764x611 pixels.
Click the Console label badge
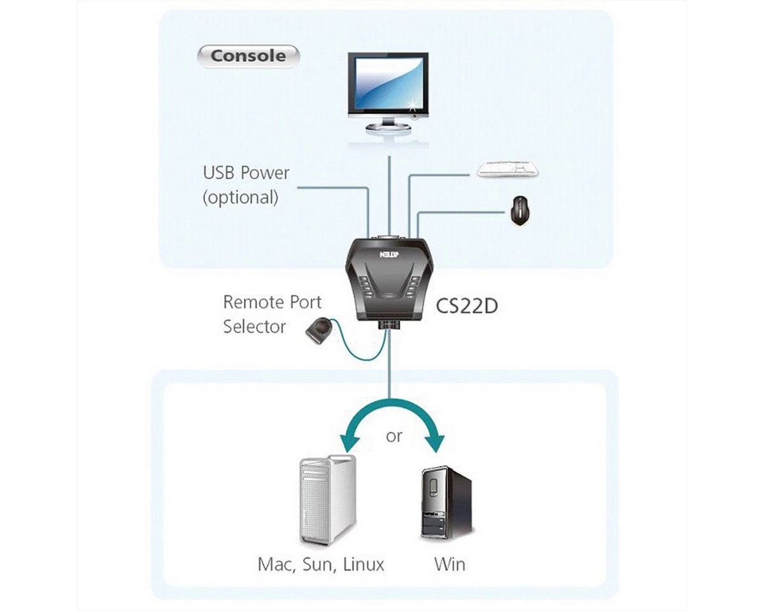tap(248, 56)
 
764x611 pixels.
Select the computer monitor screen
tap(388, 83)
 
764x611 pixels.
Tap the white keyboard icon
tap(509, 169)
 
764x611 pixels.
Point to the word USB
tap(221, 173)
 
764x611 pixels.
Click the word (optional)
tap(241, 197)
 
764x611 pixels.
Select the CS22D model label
tap(466, 306)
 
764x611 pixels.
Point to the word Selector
tap(254, 327)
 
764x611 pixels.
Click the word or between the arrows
tap(394, 437)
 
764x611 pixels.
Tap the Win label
tap(449, 564)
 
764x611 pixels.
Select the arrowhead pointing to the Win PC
tap(437, 444)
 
